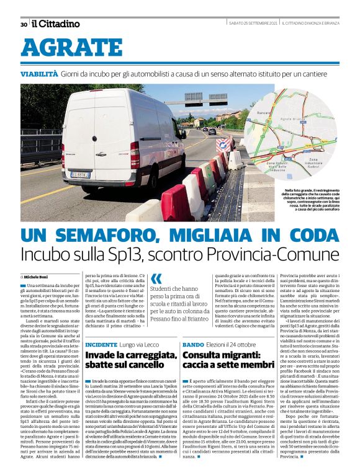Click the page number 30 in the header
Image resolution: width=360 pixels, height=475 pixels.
(24, 24)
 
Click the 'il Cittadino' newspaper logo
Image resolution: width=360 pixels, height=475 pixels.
(56, 24)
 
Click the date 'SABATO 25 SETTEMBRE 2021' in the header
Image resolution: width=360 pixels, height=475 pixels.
(253, 24)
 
